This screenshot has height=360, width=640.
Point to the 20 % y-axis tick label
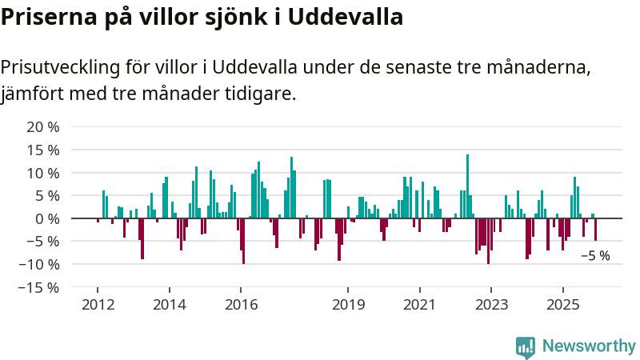43,127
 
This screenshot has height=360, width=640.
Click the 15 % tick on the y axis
43,150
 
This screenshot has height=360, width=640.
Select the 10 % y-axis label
43,173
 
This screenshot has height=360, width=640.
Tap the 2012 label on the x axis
98,305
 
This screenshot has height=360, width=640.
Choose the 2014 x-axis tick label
169,305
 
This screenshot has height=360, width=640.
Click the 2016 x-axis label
241,305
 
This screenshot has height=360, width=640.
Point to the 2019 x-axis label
348,305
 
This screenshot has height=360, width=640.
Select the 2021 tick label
419,305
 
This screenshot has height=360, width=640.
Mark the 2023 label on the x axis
491,305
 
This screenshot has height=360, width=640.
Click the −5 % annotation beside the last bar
594,256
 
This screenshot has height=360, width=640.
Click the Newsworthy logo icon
526,346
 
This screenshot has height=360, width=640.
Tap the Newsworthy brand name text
589,346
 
